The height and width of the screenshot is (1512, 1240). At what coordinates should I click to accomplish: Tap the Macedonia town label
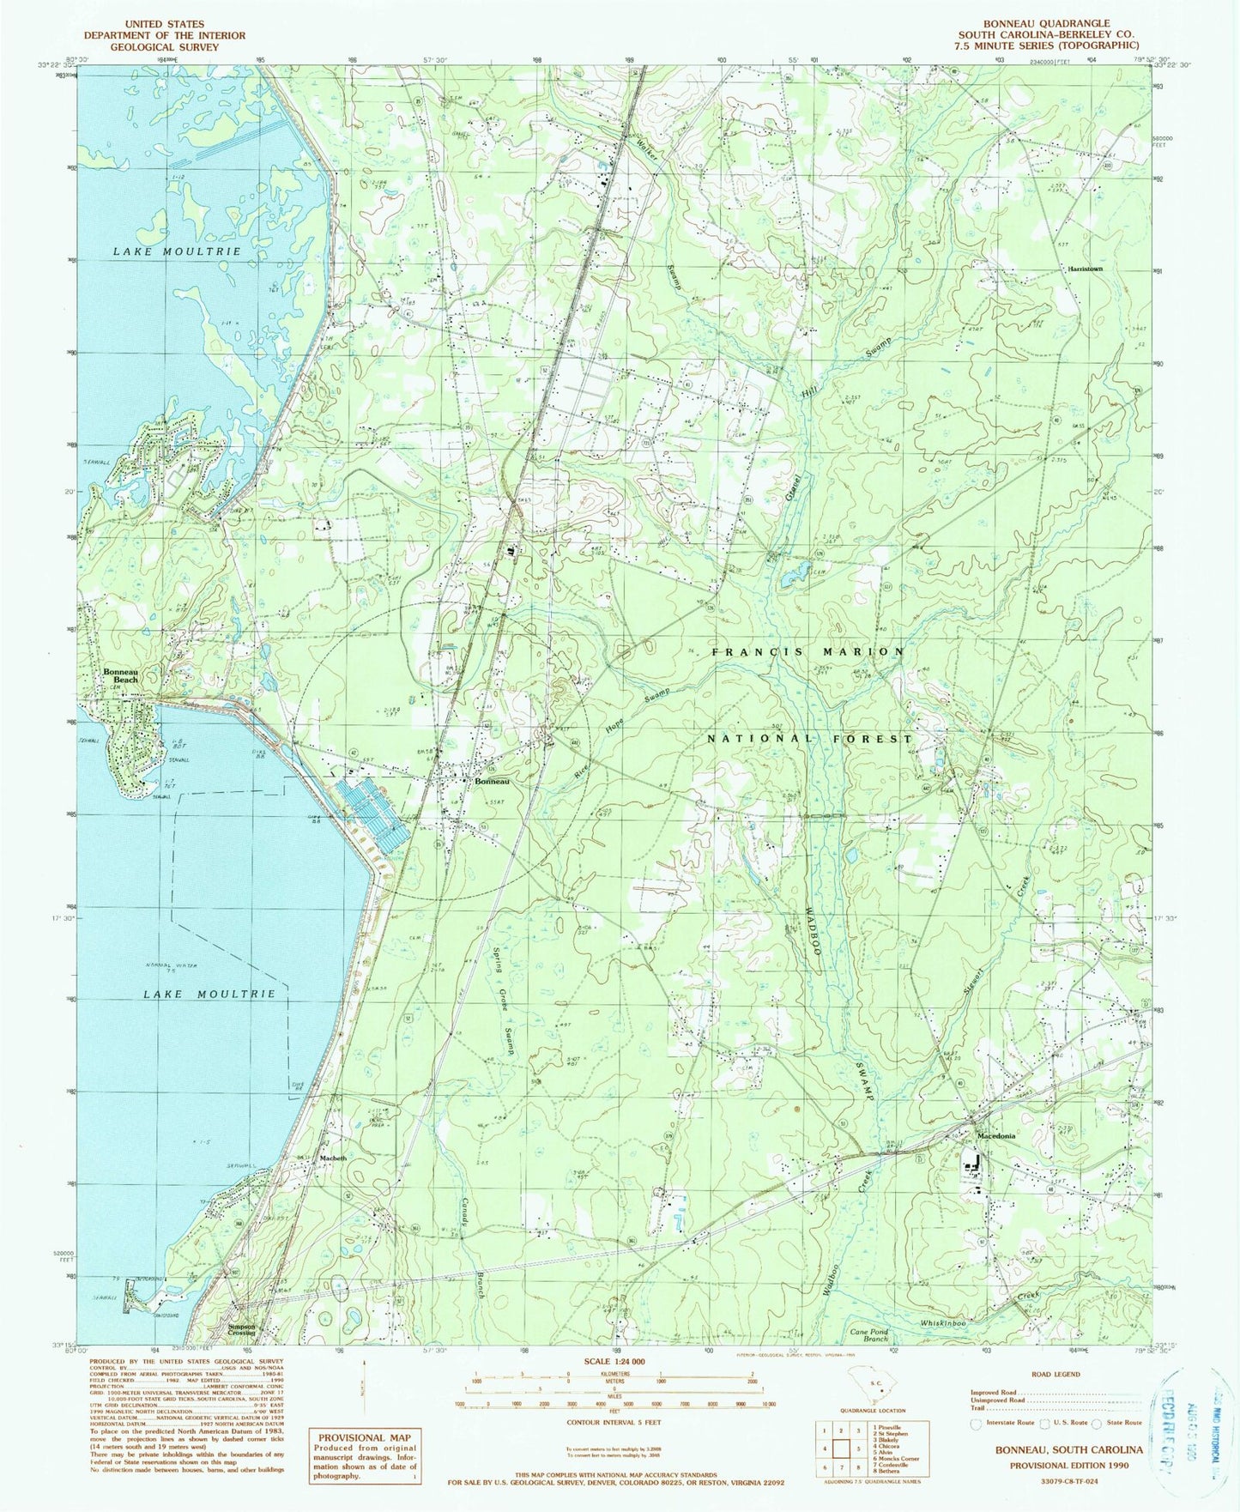(996, 1135)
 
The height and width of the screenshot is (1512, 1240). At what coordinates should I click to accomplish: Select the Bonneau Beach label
(120, 674)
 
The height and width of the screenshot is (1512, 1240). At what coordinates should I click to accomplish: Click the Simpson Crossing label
(241, 1328)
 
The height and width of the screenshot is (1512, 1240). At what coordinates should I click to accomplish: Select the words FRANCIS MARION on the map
(808, 652)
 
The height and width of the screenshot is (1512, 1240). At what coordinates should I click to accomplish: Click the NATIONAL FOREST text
(809, 738)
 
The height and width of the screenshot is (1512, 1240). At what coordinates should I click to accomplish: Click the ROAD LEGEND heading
(1055, 1374)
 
